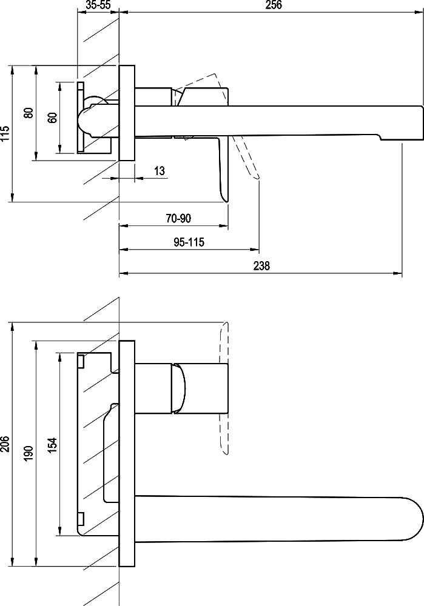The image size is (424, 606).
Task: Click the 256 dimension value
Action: pyautogui.click(x=274, y=5)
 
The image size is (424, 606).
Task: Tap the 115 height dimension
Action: pyautogui.click(x=5, y=134)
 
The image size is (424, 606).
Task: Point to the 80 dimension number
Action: pyautogui.click(x=29, y=113)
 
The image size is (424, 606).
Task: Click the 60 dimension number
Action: pyautogui.click(x=53, y=118)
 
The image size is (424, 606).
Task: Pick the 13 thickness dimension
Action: pyautogui.click(x=160, y=170)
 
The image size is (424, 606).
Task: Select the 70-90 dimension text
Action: pyautogui.click(x=178, y=218)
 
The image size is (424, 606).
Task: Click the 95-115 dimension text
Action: pyautogui.click(x=189, y=242)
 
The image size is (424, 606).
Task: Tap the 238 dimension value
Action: pyautogui.click(x=261, y=266)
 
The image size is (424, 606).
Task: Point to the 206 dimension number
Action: pyautogui.click(x=5, y=444)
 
